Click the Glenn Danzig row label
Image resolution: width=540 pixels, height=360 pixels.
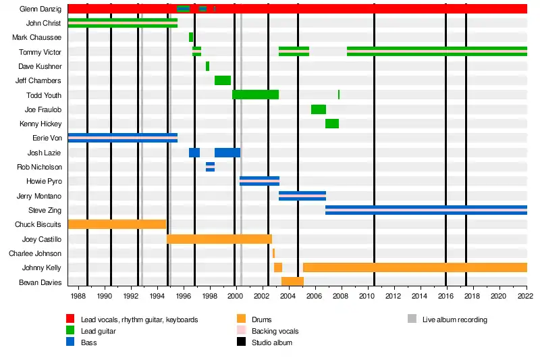pos(41,9)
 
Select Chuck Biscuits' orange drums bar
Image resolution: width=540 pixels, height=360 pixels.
pos(117,224)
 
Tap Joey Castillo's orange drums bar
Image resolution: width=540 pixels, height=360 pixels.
pos(219,239)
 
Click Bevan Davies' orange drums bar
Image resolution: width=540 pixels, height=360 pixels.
pos(292,282)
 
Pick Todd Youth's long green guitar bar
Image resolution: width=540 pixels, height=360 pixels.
pos(255,95)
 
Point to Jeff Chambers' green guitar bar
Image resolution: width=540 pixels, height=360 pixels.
pos(223,80)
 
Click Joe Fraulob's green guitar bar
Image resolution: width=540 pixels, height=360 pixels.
pos(319,109)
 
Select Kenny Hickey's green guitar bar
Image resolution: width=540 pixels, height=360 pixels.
pos(332,124)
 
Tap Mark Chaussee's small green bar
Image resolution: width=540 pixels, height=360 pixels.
pos(191,37)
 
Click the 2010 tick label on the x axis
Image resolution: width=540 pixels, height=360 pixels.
pos(367,297)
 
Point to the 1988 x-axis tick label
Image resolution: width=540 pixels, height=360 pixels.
pos(78,297)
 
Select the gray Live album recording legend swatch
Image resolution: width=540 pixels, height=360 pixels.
pos(412,319)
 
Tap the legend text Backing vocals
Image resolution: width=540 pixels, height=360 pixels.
pos(275,331)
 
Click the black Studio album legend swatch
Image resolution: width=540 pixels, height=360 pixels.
pos(241,342)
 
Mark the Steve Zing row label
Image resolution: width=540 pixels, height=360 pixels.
pos(45,210)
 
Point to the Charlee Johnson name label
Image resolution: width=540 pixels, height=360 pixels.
pos(35,253)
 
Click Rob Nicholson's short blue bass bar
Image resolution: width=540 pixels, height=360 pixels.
pos(210,167)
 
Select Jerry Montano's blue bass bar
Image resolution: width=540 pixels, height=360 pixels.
pos(302,196)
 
